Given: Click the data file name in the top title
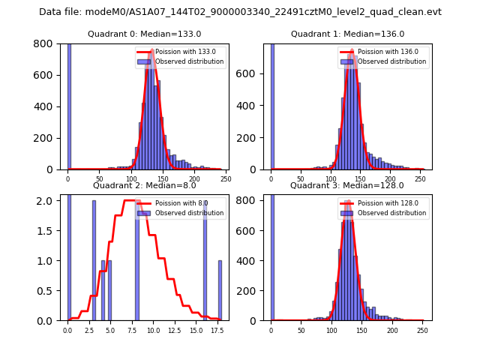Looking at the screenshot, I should [x=240, y=12].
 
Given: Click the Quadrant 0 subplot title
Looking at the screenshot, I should [x=145, y=34].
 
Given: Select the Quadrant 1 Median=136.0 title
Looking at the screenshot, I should [x=347, y=34].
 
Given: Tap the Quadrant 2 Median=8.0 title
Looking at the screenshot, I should [x=145, y=185].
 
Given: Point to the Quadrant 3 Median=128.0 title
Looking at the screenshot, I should [x=347, y=185].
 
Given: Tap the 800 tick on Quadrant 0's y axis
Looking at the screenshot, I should [x=50, y=43].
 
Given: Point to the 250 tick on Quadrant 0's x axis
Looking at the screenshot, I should [x=226, y=178].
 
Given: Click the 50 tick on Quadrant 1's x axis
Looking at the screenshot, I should [x=301, y=178].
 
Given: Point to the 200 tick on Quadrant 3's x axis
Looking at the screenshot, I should [x=392, y=330].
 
